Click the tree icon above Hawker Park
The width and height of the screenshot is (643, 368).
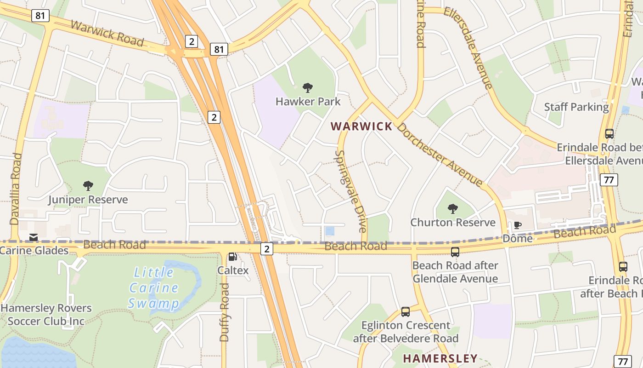(x=308, y=87)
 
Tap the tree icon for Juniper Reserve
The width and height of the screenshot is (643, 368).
(x=88, y=186)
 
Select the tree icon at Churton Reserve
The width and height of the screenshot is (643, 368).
(x=453, y=208)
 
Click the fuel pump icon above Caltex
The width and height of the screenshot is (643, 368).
(x=233, y=257)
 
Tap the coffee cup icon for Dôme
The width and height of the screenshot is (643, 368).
(x=518, y=225)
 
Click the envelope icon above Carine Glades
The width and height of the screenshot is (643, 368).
(x=34, y=237)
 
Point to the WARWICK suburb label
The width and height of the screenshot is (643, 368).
(x=361, y=126)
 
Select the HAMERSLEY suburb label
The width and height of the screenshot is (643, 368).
(x=440, y=358)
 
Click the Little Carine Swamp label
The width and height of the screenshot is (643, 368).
(x=153, y=288)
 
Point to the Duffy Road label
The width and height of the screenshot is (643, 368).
(x=224, y=312)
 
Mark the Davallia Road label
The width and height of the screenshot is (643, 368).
(x=16, y=189)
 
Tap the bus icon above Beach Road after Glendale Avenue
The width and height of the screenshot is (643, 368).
(x=455, y=252)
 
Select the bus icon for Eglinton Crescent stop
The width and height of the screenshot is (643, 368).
(x=406, y=312)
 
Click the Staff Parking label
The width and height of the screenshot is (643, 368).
(x=576, y=107)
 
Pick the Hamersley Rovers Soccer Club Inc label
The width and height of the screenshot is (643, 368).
(x=46, y=314)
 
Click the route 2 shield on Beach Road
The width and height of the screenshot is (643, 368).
(x=267, y=249)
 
